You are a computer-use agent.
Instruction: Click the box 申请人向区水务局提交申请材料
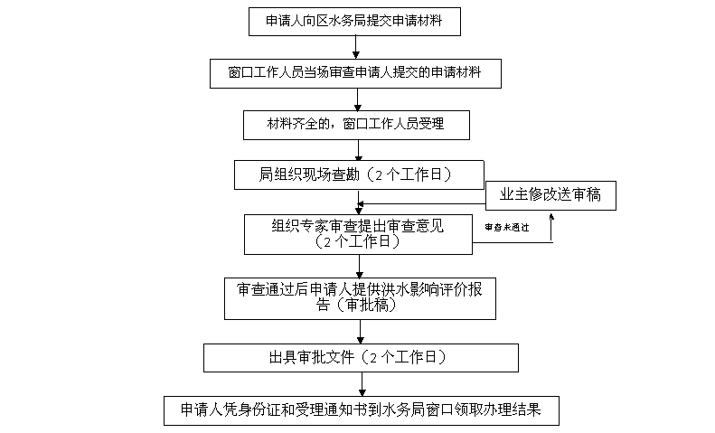click(x=358, y=20)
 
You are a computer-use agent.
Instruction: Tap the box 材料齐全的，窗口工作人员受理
click(x=356, y=124)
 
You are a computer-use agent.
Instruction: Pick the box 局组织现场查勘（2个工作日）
click(x=356, y=175)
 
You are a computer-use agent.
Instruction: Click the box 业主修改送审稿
click(x=550, y=194)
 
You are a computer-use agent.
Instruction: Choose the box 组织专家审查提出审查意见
click(x=358, y=233)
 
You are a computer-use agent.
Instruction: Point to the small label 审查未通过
click(x=507, y=227)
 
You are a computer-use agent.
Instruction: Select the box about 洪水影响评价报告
click(x=360, y=297)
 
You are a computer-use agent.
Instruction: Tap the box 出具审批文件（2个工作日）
click(x=360, y=357)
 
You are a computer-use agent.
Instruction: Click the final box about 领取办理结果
click(x=362, y=409)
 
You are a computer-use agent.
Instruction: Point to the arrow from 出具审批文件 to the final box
click(x=362, y=384)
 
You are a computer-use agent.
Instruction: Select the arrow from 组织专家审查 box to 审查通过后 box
click(x=360, y=266)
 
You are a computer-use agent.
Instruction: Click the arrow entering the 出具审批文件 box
click(x=360, y=332)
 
